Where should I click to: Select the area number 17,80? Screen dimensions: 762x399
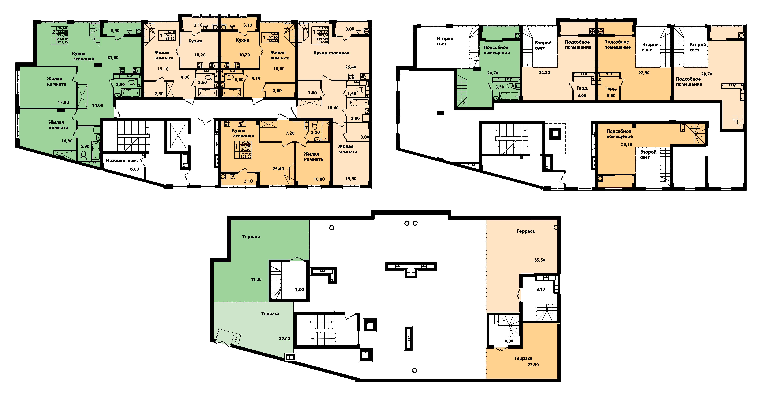pyautogui.click(x=63, y=102)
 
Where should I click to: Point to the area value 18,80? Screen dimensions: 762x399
pyautogui.click(x=67, y=141)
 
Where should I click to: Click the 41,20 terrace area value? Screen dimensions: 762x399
pyautogui.click(x=256, y=279)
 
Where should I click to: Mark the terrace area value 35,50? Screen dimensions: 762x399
pyautogui.click(x=540, y=260)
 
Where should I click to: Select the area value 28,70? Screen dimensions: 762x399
pyautogui.click(x=707, y=74)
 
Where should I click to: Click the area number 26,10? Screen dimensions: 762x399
pyautogui.click(x=627, y=145)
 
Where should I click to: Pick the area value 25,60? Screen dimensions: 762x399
pyautogui.click(x=278, y=169)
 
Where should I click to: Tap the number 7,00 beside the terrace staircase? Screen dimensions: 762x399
pyautogui.click(x=299, y=290)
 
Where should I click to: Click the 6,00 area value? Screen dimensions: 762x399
pyautogui.click(x=135, y=169)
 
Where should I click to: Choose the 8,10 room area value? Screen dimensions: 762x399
pyautogui.click(x=540, y=289)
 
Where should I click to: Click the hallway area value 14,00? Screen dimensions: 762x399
pyautogui.click(x=98, y=105)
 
